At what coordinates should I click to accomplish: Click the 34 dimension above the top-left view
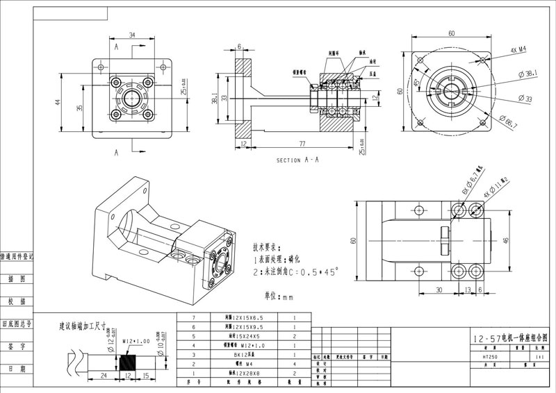[132, 35]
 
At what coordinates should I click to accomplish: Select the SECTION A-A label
[297, 160]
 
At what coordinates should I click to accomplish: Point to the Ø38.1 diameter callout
[528, 73]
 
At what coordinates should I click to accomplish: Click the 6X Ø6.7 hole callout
[473, 182]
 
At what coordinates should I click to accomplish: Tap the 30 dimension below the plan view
[439, 290]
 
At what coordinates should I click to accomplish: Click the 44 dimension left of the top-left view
[58, 101]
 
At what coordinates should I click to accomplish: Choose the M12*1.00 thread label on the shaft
[136, 342]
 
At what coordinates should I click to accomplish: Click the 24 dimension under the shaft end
[104, 376]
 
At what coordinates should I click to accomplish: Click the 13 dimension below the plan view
[468, 290]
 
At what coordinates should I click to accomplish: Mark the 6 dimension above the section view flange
[240, 47]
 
